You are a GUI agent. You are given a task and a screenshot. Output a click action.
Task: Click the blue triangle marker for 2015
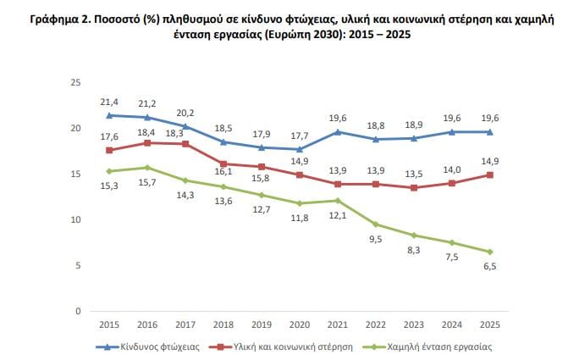coord(109,115)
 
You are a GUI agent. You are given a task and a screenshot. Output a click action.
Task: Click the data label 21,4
coord(108,102)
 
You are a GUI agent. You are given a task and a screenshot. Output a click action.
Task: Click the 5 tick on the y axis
coord(78,265)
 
